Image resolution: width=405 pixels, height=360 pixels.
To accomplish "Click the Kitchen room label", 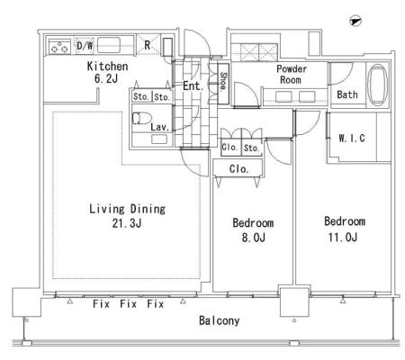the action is pyautogui.click(x=107, y=67).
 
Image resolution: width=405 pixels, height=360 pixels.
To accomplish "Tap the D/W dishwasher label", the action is pyautogui.click(x=85, y=46).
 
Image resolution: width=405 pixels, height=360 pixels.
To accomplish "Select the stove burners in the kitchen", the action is pyautogui.click(x=60, y=47).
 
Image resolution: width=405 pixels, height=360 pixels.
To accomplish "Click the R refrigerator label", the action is pyautogui.click(x=147, y=45).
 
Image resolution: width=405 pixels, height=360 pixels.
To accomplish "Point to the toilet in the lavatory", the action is pyautogui.click(x=141, y=118).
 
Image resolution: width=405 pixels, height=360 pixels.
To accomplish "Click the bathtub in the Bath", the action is pyautogui.click(x=377, y=85).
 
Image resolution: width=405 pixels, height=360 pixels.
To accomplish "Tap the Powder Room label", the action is pyautogui.click(x=292, y=75).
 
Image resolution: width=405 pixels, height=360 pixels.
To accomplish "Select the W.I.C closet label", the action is pyautogui.click(x=352, y=138).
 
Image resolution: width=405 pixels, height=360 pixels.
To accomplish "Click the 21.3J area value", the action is pyautogui.click(x=127, y=223).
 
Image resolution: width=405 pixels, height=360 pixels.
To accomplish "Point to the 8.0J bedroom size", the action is pyautogui.click(x=254, y=238).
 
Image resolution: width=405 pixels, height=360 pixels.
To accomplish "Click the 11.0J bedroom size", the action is pyautogui.click(x=343, y=238).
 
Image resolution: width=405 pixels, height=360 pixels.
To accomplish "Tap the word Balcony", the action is pyautogui.click(x=220, y=320).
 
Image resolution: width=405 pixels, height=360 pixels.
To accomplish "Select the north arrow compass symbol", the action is pyautogui.click(x=355, y=22).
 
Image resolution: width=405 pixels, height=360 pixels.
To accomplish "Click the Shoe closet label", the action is pyautogui.click(x=223, y=82).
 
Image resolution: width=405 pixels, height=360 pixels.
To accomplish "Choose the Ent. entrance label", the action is pyautogui.click(x=193, y=86).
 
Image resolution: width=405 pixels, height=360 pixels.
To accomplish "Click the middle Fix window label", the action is pyautogui.click(x=129, y=304).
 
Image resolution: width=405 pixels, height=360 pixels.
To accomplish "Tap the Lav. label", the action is pyautogui.click(x=160, y=127).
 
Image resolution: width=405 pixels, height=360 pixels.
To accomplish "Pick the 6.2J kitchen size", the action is pyautogui.click(x=106, y=79).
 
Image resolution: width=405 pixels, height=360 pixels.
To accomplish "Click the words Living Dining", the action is pyautogui.click(x=127, y=209).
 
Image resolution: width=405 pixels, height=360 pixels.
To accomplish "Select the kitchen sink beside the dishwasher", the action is pyautogui.click(x=109, y=45).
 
